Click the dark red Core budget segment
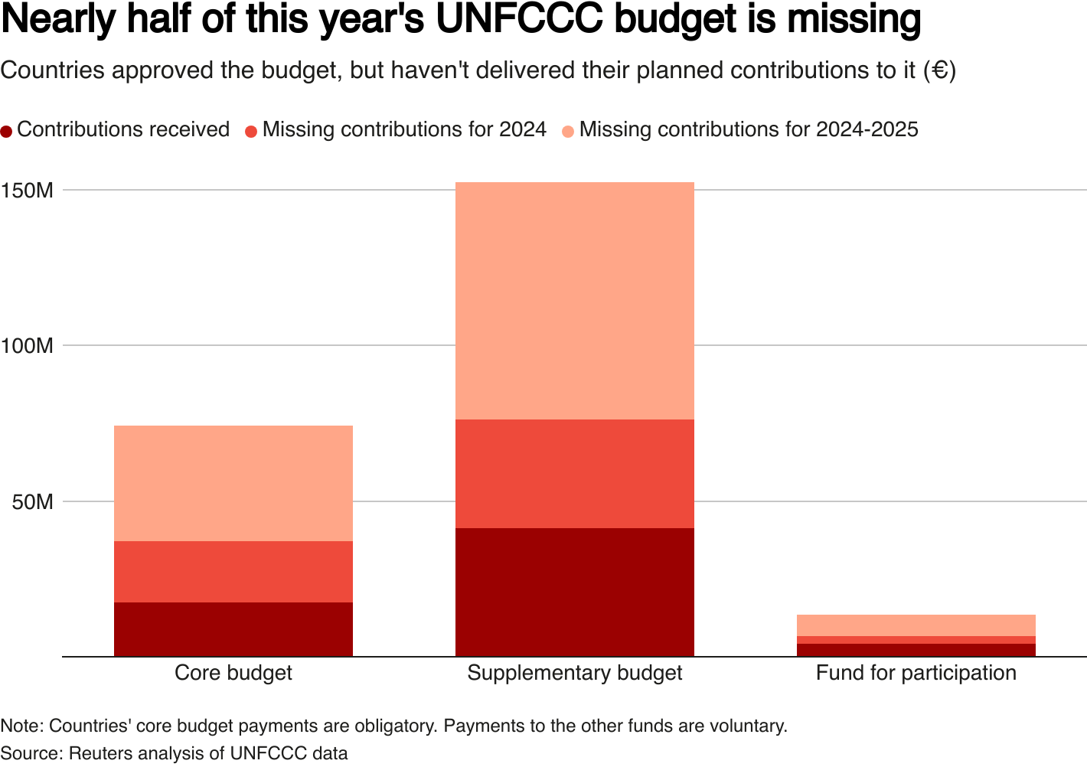(x=233, y=629)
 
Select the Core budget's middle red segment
(x=233, y=572)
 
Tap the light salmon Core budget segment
(x=233, y=483)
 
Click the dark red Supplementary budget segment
(x=574, y=592)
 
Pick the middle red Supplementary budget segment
(x=574, y=474)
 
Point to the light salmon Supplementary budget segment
(x=574, y=301)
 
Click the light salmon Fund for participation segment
(x=916, y=625)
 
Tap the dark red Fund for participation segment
(x=916, y=650)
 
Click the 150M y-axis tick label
(x=28, y=190)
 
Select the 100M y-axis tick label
(x=28, y=346)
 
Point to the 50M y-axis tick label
(x=32, y=502)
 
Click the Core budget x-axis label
(x=233, y=673)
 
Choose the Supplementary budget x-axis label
(x=574, y=673)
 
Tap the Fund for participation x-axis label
(x=916, y=673)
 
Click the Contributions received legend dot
(x=7, y=131)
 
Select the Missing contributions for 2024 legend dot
(x=251, y=131)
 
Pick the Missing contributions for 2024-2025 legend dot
(x=568, y=131)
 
